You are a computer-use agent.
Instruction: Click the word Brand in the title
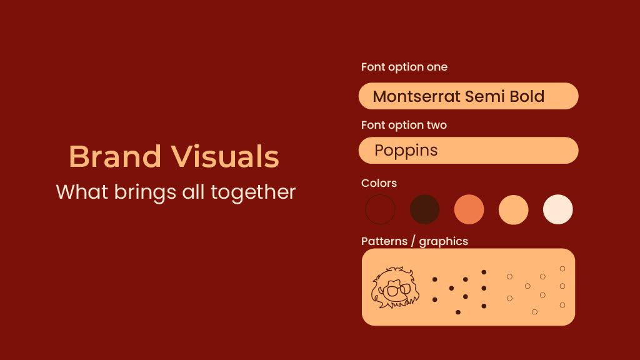(115, 156)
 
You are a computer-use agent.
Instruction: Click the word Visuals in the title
(225, 156)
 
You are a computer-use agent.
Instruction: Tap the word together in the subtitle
(253, 192)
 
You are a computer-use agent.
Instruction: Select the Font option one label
(404, 67)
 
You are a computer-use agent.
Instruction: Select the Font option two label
(404, 125)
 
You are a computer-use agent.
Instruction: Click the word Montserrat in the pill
(417, 96)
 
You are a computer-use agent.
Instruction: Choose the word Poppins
(406, 151)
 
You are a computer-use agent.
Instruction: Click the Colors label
(379, 183)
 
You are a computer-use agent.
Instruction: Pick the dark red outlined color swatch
(380, 209)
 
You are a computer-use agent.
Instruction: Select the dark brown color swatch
(424, 209)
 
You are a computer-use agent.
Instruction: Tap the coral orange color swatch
(469, 209)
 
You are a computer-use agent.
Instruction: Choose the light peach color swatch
(514, 209)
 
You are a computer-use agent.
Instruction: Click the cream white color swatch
(558, 209)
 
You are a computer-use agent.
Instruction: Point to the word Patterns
(384, 241)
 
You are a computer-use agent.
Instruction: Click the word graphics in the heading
(444, 242)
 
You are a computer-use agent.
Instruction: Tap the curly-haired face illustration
(395, 287)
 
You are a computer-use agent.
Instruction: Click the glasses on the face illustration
(396, 290)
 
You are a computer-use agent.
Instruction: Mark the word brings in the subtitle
(145, 192)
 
